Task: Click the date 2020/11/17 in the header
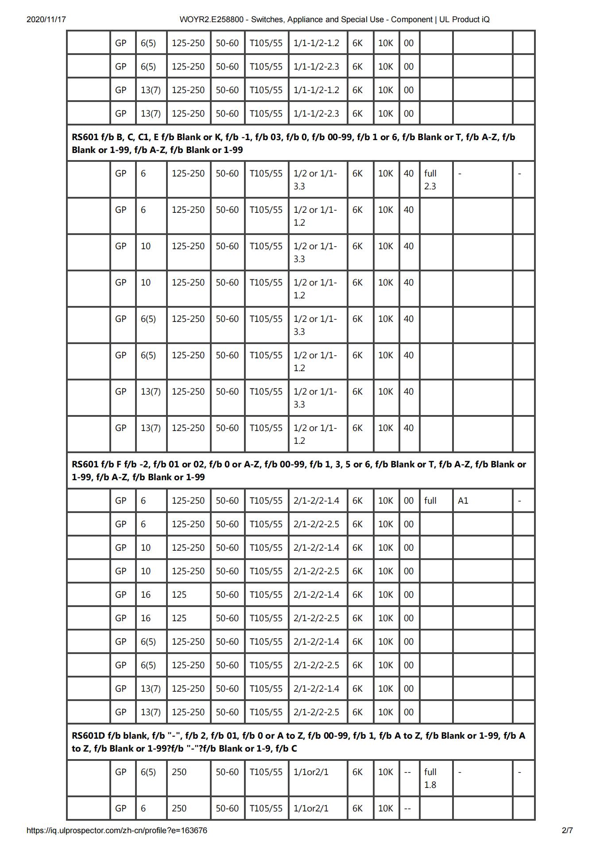pyautogui.click(x=46, y=20)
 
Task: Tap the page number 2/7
pyautogui.click(x=567, y=830)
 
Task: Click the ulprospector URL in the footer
pyautogui.click(x=116, y=830)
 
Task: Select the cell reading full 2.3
pyautogui.click(x=430, y=180)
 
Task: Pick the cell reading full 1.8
pyautogui.click(x=430, y=778)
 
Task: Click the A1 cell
pyautogui.click(x=463, y=501)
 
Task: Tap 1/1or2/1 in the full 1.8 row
pyautogui.click(x=311, y=772)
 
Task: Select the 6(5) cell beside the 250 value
pyautogui.click(x=148, y=772)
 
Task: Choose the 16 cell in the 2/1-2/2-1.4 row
pyautogui.click(x=146, y=595)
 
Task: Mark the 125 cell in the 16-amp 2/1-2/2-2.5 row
pyautogui.click(x=179, y=618)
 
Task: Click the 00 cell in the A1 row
pyautogui.click(x=409, y=501)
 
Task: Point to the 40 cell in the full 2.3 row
pyautogui.click(x=409, y=173)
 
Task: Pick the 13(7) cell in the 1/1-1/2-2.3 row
pyautogui.click(x=151, y=114)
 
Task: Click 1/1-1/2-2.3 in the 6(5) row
pyautogui.click(x=316, y=67)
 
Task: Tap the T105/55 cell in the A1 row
pyautogui.click(x=266, y=501)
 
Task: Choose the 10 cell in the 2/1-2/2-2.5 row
pyautogui.click(x=146, y=571)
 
